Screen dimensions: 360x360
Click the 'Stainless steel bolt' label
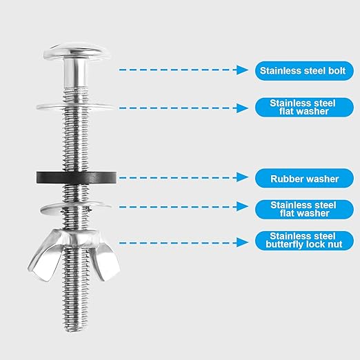click(305, 70)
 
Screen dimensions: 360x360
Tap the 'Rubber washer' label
click(305, 178)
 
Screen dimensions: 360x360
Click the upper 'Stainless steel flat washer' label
click(305, 107)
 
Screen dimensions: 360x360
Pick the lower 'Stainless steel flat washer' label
click(305, 209)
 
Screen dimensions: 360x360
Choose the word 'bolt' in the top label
click(341, 70)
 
